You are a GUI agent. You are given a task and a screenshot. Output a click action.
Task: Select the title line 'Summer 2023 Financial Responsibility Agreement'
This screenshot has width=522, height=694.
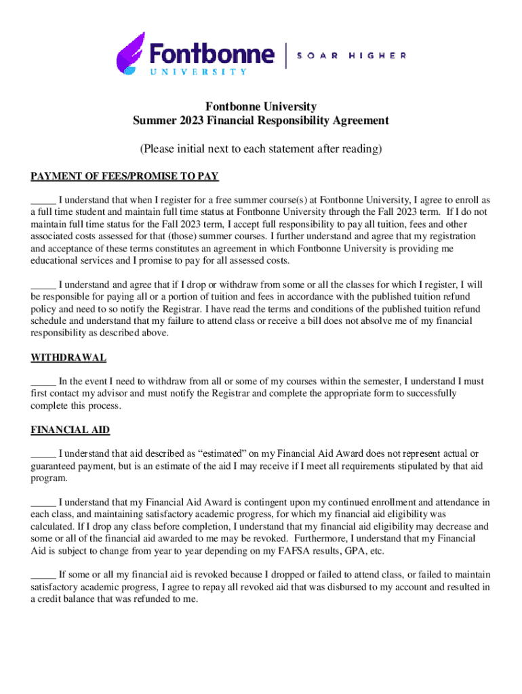(x=261, y=121)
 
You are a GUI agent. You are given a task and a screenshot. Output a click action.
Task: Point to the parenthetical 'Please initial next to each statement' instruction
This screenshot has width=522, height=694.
(x=261, y=148)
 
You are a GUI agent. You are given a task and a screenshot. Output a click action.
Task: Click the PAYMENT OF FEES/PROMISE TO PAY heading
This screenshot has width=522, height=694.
(x=125, y=176)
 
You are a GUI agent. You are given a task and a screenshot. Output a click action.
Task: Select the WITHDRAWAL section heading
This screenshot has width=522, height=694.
(x=68, y=357)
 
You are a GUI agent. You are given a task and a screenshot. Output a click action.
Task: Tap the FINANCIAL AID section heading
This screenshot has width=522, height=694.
(x=71, y=430)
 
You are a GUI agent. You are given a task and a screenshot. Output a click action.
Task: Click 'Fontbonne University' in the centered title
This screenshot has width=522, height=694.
(x=261, y=106)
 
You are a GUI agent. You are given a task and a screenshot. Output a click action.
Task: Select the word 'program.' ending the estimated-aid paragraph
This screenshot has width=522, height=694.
(x=49, y=478)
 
